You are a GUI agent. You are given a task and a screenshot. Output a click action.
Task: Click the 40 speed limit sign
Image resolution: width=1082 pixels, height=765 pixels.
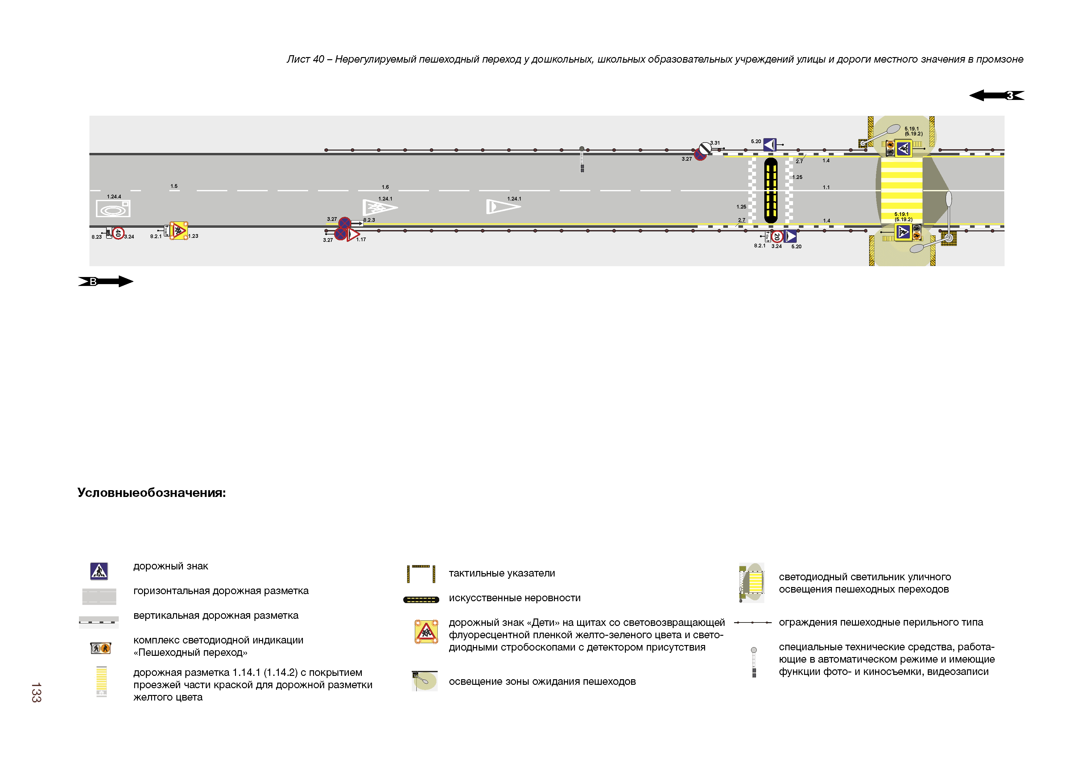click(118, 233)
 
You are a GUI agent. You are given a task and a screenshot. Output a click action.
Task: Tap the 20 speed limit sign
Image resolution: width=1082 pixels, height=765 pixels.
click(777, 236)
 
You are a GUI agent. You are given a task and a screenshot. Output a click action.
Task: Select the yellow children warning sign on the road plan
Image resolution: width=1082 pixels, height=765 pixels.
click(179, 230)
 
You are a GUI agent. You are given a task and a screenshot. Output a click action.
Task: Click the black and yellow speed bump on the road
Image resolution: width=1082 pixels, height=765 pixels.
click(770, 190)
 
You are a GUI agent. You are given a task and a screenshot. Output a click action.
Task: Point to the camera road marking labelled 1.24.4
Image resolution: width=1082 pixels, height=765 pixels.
click(113, 208)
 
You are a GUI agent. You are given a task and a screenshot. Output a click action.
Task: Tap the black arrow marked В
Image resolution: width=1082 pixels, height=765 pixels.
click(105, 281)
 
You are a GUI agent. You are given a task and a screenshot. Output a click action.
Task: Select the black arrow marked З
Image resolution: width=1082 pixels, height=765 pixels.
click(996, 95)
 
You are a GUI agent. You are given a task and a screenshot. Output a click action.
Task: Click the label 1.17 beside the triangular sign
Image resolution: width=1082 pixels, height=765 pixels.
click(361, 239)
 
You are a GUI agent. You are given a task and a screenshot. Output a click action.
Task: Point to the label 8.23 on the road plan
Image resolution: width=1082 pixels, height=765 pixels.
click(97, 237)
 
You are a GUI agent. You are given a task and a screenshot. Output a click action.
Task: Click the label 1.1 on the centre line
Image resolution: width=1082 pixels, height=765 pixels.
click(826, 187)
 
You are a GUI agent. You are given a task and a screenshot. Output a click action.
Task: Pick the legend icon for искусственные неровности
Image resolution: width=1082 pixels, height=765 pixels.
click(421, 600)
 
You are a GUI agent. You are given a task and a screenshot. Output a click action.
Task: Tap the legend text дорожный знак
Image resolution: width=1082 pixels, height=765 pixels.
click(171, 566)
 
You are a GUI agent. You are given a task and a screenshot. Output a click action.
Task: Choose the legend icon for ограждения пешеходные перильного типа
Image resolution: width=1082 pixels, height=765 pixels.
click(753, 623)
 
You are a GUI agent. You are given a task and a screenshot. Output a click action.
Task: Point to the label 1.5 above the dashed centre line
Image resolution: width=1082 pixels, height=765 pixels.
click(174, 186)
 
